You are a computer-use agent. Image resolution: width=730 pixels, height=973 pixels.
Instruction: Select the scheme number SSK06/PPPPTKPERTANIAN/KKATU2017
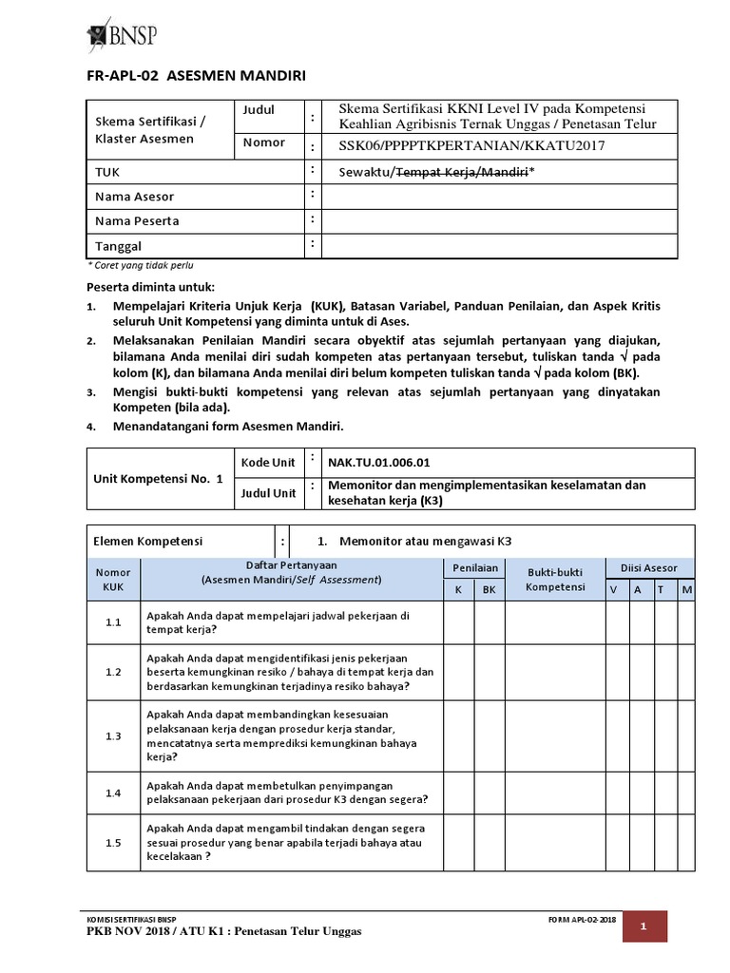471,145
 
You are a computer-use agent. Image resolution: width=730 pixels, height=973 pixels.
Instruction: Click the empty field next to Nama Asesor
499,197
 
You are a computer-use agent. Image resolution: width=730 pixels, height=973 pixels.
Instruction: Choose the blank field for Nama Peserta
499,221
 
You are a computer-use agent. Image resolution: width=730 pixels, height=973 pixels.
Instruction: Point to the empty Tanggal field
499,245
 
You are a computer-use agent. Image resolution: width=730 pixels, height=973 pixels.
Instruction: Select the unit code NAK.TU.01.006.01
379,463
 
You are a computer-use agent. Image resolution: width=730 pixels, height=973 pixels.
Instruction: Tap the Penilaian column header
473,568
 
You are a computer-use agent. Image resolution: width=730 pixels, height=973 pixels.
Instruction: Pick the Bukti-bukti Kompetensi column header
555,580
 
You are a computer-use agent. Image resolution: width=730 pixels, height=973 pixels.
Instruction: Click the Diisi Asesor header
649,568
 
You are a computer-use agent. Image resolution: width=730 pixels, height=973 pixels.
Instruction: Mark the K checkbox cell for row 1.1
458,622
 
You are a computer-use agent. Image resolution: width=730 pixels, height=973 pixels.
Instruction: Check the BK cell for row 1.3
490,736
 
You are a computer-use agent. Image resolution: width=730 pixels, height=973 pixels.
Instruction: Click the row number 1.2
113,672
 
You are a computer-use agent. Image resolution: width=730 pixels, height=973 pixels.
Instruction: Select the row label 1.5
113,842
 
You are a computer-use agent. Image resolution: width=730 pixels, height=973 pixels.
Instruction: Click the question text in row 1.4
286,792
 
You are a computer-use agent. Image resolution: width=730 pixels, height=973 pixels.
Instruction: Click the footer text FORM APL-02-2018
582,920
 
